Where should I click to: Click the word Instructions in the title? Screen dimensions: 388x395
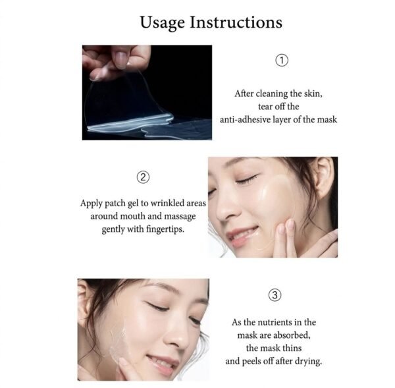[x=236, y=22]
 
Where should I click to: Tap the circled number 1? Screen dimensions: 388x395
[x=281, y=61]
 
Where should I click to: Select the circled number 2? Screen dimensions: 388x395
[x=143, y=177]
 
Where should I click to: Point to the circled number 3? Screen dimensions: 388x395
[x=276, y=295]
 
